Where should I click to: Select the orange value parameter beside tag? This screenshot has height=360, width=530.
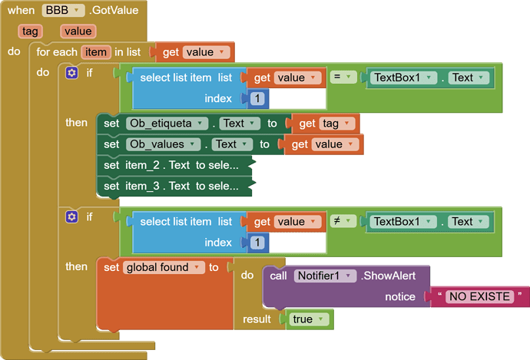[78, 31]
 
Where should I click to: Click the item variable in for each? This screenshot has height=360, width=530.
[96, 52]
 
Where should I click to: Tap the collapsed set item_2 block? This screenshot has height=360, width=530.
[177, 164]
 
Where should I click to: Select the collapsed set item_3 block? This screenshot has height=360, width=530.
[177, 185]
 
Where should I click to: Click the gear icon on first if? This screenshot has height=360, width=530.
[72, 73]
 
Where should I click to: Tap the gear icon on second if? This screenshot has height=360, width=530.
[72, 216]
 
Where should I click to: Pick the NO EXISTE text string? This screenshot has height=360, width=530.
[480, 297]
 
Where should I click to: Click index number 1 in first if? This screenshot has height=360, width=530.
[257, 99]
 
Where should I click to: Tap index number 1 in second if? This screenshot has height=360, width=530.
[257, 243]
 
